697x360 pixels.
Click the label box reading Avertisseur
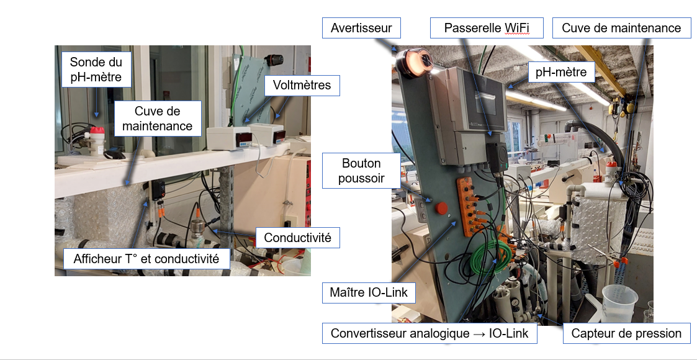click(361, 29)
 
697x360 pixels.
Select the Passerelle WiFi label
click(486, 29)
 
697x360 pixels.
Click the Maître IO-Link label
click(368, 292)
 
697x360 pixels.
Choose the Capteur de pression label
click(626, 333)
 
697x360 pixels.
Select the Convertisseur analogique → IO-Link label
click(429, 333)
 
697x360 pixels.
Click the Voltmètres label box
click(302, 85)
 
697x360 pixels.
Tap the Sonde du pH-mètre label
click(96, 70)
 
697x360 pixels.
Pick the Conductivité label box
click(297, 238)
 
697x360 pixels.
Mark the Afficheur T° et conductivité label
click(146, 259)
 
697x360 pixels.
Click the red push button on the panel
click(443, 207)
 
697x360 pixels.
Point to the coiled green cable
click(490, 254)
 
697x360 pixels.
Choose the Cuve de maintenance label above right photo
click(621, 28)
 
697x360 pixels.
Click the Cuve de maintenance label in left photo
click(157, 119)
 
